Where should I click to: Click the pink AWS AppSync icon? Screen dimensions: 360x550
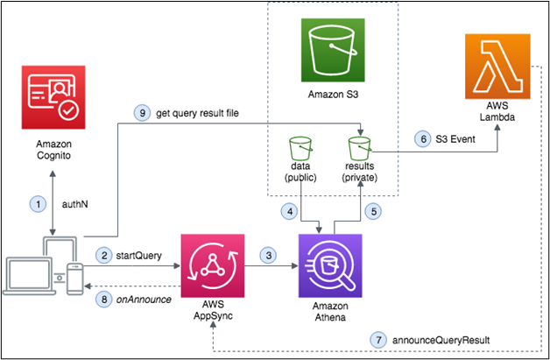click(208, 259)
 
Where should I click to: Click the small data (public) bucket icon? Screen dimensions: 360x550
click(300, 144)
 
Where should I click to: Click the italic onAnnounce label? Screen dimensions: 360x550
click(145, 297)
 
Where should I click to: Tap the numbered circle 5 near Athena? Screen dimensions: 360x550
click(375, 210)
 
